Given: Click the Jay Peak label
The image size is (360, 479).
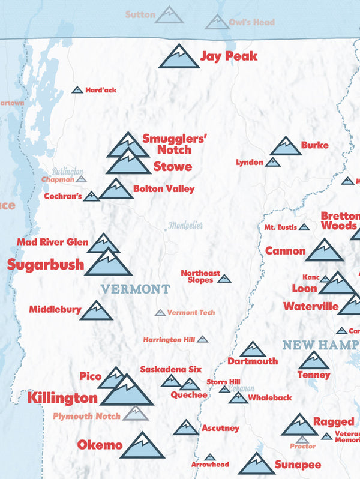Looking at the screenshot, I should click(x=229, y=56).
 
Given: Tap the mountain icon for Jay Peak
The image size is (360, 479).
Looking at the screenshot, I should click(x=179, y=56).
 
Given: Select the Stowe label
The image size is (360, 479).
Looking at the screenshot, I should click(x=173, y=166).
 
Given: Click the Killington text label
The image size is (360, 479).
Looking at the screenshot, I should click(x=62, y=397).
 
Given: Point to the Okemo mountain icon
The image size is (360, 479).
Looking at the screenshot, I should click(x=142, y=446).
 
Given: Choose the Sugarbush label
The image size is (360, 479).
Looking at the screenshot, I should click(x=46, y=264).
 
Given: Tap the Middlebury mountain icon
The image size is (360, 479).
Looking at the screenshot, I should click(x=96, y=311).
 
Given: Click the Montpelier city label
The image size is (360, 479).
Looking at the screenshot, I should click(x=185, y=226).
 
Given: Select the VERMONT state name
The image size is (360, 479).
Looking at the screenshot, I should click(x=135, y=289).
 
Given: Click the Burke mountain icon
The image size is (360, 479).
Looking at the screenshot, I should click(x=286, y=146).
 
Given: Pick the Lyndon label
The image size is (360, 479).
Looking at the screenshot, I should click(x=249, y=162).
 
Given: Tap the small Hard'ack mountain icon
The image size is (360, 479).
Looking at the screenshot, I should click(x=77, y=90).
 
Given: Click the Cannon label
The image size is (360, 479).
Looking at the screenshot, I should click(x=286, y=251).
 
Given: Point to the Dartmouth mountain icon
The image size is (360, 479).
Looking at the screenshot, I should click(x=253, y=350).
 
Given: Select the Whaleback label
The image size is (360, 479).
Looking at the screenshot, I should click(x=270, y=397).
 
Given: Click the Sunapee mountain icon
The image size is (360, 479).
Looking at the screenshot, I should click(x=257, y=464).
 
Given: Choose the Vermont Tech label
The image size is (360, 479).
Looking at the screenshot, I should click(x=191, y=312).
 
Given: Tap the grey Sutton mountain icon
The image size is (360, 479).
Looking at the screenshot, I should click(x=169, y=15).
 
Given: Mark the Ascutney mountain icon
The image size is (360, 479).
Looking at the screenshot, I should click(x=186, y=427).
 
